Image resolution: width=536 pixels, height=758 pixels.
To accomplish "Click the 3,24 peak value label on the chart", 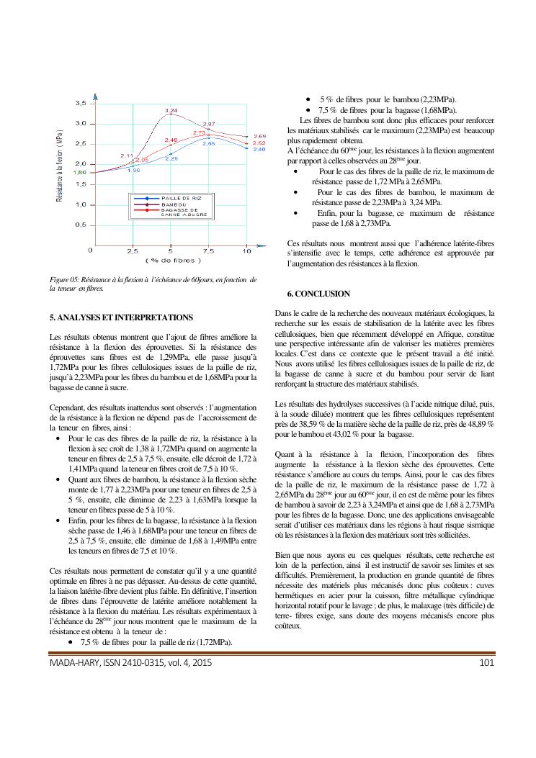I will click(x=171, y=110).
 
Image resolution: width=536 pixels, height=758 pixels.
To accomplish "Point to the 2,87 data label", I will click(x=209, y=125).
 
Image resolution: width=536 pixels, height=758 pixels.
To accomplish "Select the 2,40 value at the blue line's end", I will click(x=259, y=149).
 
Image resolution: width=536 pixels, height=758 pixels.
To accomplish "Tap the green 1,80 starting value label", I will click(x=80, y=173).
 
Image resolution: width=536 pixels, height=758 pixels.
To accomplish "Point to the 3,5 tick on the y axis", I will click(x=82, y=104).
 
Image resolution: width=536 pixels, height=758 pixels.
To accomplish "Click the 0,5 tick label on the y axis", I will click(x=82, y=225).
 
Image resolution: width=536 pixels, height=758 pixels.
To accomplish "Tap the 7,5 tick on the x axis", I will click(x=209, y=251).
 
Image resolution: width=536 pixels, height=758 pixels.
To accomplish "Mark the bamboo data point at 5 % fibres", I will click(x=171, y=115).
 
